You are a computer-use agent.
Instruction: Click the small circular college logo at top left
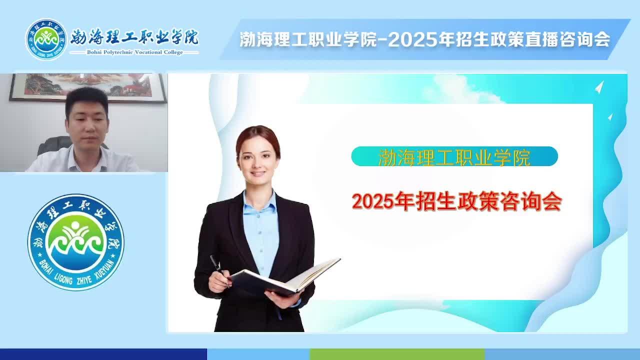coord(46,39)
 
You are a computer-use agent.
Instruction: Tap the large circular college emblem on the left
coord(76,242)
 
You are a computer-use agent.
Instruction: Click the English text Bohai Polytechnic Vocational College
coord(135,52)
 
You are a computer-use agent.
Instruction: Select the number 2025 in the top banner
coord(413,39)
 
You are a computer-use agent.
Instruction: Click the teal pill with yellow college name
coord(454,156)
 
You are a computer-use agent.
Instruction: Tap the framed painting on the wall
coord(88,87)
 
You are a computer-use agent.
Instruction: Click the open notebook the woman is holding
coord(285,277)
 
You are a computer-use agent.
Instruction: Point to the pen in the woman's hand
coord(216,265)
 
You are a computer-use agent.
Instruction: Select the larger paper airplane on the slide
coord(599,87)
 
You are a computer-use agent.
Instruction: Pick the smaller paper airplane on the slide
coord(610,117)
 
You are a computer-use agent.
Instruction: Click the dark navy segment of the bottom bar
coord(103,354)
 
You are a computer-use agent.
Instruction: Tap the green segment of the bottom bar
coord(397,354)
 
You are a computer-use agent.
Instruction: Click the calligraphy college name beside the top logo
coord(134,37)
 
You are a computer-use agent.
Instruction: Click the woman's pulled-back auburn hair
coord(258,137)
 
